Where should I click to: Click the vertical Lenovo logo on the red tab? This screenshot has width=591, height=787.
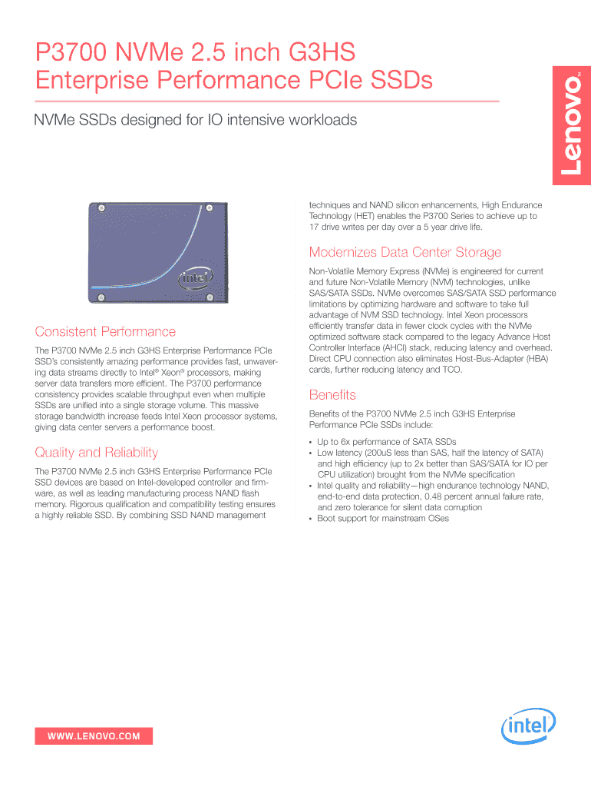click(573, 131)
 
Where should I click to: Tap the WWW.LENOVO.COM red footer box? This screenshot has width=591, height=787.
click(94, 736)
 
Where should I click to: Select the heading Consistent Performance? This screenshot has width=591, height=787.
click(105, 332)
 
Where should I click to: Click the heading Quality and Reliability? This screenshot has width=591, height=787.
click(97, 452)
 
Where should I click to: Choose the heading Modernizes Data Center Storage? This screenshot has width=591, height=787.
click(404, 252)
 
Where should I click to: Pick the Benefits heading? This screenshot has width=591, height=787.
click(332, 395)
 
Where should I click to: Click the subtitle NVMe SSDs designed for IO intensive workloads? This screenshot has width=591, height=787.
click(196, 121)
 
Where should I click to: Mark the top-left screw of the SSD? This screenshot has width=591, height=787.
click(100, 207)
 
